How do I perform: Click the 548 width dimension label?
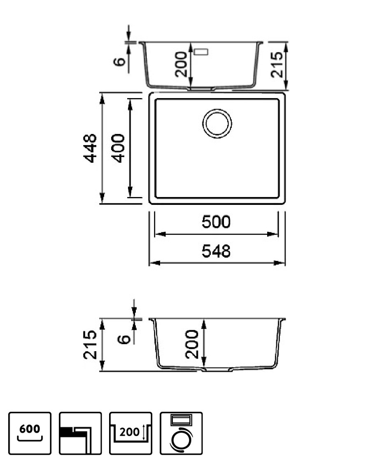tap(216, 251)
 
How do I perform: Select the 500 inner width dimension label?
tap(216, 222)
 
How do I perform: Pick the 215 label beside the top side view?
tap(277, 65)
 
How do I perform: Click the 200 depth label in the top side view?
tap(181, 64)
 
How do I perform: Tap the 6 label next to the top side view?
tap(119, 61)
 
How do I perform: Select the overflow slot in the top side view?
tap(201, 52)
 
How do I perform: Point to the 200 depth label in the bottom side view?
tap(191, 344)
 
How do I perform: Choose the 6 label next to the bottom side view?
tap(124, 339)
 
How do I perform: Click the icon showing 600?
tap(30, 433)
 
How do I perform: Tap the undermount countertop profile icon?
tap(80, 433)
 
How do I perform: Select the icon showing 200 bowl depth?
tap(130, 433)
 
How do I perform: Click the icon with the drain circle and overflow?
tap(181, 433)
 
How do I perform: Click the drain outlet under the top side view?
tap(201, 89)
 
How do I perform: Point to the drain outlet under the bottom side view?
tap(217, 370)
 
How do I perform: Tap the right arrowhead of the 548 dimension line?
tap(280, 263)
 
